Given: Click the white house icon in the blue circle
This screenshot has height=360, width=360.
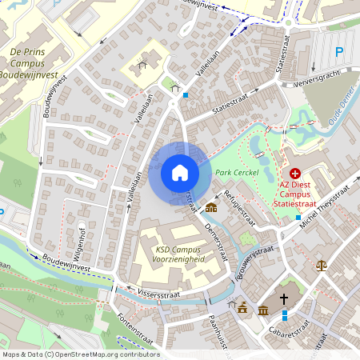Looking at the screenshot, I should [x=180, y=173].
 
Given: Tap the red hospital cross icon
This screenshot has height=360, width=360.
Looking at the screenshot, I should [x=294, y=173].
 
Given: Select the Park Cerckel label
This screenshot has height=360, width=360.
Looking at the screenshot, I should [x=234, y=173].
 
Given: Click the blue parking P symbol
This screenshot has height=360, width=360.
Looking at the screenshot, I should [x=338, y=52].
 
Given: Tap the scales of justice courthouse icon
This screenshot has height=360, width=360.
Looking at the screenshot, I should [x=322, y=264].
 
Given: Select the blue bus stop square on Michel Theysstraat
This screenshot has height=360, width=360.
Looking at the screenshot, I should [x=298, y=217].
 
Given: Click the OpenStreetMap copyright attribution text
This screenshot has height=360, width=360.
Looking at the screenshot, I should [x=80, y=354].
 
